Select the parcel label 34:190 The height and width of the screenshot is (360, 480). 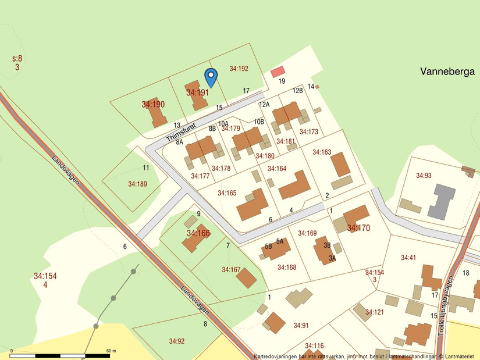click(x=153, y=105)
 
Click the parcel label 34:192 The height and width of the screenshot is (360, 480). click(x=239, y=69)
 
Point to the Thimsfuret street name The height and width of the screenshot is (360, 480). click(x=180, y=131)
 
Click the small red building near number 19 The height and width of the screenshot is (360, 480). click(x=278, y=71)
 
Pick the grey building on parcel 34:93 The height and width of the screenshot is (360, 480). click(x=444, y=201)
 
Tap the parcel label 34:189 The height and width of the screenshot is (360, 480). click(x=138, y=184)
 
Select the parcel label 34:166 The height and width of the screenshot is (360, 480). click(x=198, y=233)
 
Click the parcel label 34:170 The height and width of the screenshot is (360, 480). click(x=358, y=228)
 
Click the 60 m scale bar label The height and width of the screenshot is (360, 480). click(x=111, y=351)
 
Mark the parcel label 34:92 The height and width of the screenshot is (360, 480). click(x=177, y=341)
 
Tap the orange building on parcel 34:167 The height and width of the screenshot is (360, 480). click(x=246, y=278)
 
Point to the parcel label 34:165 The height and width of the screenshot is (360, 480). click(x=227, y=193)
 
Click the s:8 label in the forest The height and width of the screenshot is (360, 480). click(x=17, y=59)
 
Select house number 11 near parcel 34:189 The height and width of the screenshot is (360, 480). click(x=146, y=168)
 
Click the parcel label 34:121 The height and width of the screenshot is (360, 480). click(x=375, y=312)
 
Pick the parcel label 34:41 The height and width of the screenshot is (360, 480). click(x=408, y=258)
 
